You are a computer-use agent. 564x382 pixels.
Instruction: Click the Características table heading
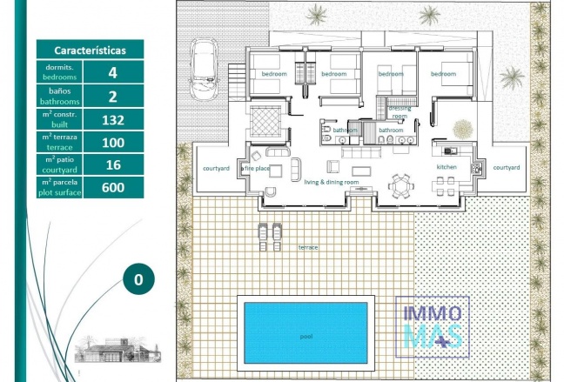90,50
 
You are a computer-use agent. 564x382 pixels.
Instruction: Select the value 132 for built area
113,120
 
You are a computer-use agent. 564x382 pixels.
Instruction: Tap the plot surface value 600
113,187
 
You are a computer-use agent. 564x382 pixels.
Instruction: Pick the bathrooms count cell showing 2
113,97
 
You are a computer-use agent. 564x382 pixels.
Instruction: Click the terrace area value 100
113,143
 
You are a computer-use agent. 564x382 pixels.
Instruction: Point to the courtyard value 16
113,164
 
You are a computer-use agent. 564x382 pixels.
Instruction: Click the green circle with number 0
138,279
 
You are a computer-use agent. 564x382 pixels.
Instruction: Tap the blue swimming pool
305,332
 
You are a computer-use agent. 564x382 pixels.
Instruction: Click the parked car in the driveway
204,69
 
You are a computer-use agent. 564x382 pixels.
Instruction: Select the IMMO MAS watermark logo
433,326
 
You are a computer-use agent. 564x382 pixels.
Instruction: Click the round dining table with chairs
399,185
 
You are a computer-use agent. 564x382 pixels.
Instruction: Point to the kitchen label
446,167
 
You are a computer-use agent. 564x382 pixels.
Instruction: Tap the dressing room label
399,112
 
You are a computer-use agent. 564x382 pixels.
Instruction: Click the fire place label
257,168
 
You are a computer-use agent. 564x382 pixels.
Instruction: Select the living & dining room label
332,182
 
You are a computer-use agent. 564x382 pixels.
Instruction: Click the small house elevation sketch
117,349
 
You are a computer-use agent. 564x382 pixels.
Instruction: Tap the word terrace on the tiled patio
308,247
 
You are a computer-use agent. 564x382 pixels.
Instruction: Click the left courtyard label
216,168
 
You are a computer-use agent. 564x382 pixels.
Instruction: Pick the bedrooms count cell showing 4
113,72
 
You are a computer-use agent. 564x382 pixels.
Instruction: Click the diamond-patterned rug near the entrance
265,121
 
